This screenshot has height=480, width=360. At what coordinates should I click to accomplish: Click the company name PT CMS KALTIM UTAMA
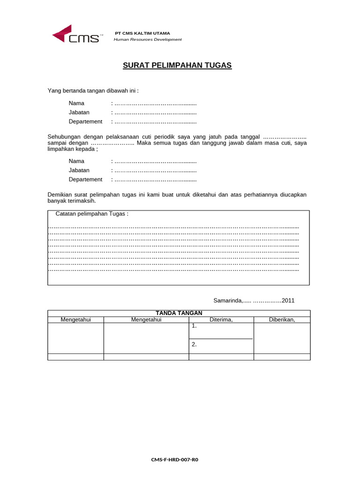(x=142, y=33)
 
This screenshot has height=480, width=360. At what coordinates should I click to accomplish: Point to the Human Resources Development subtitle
(x=148, y=39)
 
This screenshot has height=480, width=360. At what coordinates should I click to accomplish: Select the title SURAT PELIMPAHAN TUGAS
(x=177, y=66)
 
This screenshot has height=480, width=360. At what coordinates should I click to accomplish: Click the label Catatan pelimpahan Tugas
(x=92, y=214)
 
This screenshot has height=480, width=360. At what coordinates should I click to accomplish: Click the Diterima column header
(x=221, y=320)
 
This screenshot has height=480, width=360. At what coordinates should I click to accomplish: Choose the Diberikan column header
(x=282, y=320)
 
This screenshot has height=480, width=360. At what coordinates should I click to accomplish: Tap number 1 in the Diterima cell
(x=194, y=325)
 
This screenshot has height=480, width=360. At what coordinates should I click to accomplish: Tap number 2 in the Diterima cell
(x=194, y=345)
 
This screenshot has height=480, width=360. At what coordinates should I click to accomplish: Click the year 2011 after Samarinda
(x=288, y=300)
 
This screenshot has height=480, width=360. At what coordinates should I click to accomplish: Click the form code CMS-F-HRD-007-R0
(x=174, y=460)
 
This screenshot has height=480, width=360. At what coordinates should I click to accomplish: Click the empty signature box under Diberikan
(x=282, y=338)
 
